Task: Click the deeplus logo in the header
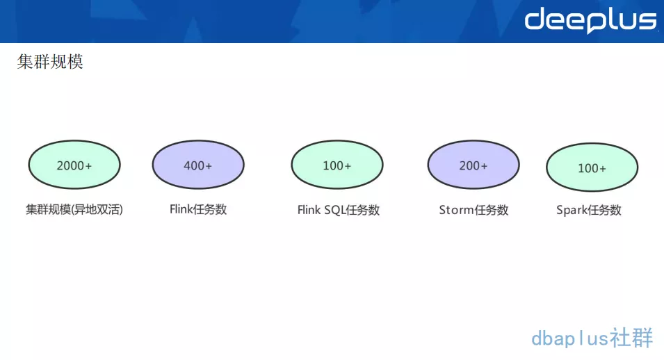click(590, 21)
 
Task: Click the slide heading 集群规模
click(50, 62)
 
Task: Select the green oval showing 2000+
click(74, 165)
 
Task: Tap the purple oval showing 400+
click(198, 165)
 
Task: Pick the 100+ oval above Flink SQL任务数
click(337, 165)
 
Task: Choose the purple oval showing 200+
click(473, 165)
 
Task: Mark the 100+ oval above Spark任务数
click(592, 168)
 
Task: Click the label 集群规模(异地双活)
click(74, 209)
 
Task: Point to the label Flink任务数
click(198, 209)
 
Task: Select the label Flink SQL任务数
click(339, 210)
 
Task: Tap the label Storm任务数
click(473, 210)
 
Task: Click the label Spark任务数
click(589, 210)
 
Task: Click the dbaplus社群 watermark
click(592, 338)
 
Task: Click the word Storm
click(457, 210)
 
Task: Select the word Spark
click(573, 210)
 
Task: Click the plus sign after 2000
click(88, 166)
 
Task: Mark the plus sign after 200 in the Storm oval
click(484, 166)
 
